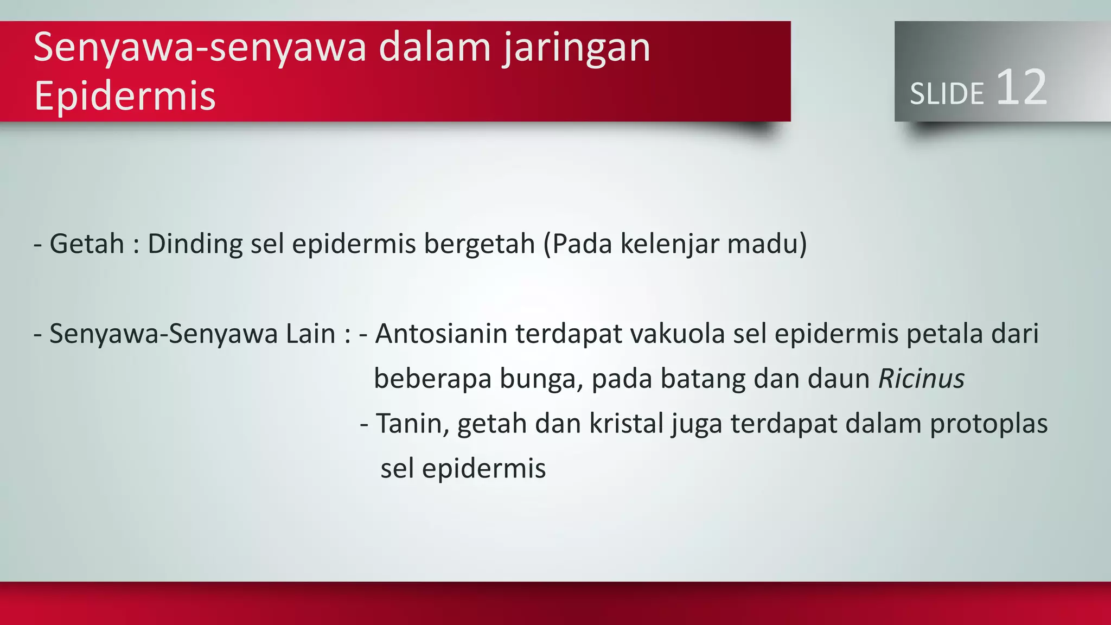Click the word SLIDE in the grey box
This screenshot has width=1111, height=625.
click(947, 94)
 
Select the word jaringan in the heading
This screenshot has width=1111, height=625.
click(576, 48)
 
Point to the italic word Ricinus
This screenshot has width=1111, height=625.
click(921, 378)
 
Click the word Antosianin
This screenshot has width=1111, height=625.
click(441, 334)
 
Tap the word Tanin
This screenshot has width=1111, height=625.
click(412, 423)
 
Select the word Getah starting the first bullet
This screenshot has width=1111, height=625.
click(87, 244)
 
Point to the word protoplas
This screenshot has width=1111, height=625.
click(988, 424)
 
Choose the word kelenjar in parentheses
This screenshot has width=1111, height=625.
click(669, 244)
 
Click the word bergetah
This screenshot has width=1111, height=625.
click(480, 244)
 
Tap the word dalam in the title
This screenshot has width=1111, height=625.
click(435, 48)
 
